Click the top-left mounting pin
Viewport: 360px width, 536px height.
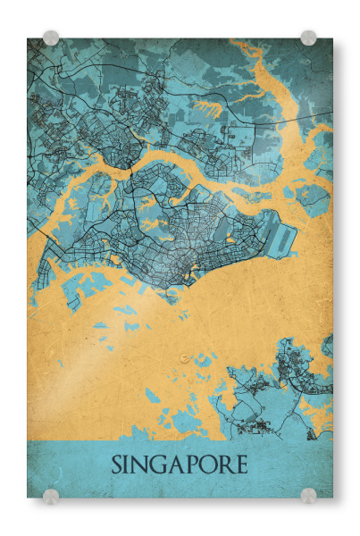pyautogui.click(x=51, y=38)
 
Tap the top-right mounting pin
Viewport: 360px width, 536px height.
pyautogui.click(x=308, y=38)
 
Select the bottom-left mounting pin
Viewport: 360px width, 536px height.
pyautogui.click(x=51, y=495)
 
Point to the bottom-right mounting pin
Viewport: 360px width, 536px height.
pyautogui.click(x=308, y=495)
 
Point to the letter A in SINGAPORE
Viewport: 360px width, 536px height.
pyautogui.click(x=178, y=466)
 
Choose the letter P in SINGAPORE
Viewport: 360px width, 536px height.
pyautogui.click(x=192, y=466)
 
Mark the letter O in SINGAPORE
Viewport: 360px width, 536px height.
pyautogui.click(x=208, y=466)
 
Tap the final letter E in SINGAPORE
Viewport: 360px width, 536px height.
pyautogui.click(x=240, y=466)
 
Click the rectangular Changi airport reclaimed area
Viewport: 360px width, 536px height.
pyautogui.click(x=283, y=236)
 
